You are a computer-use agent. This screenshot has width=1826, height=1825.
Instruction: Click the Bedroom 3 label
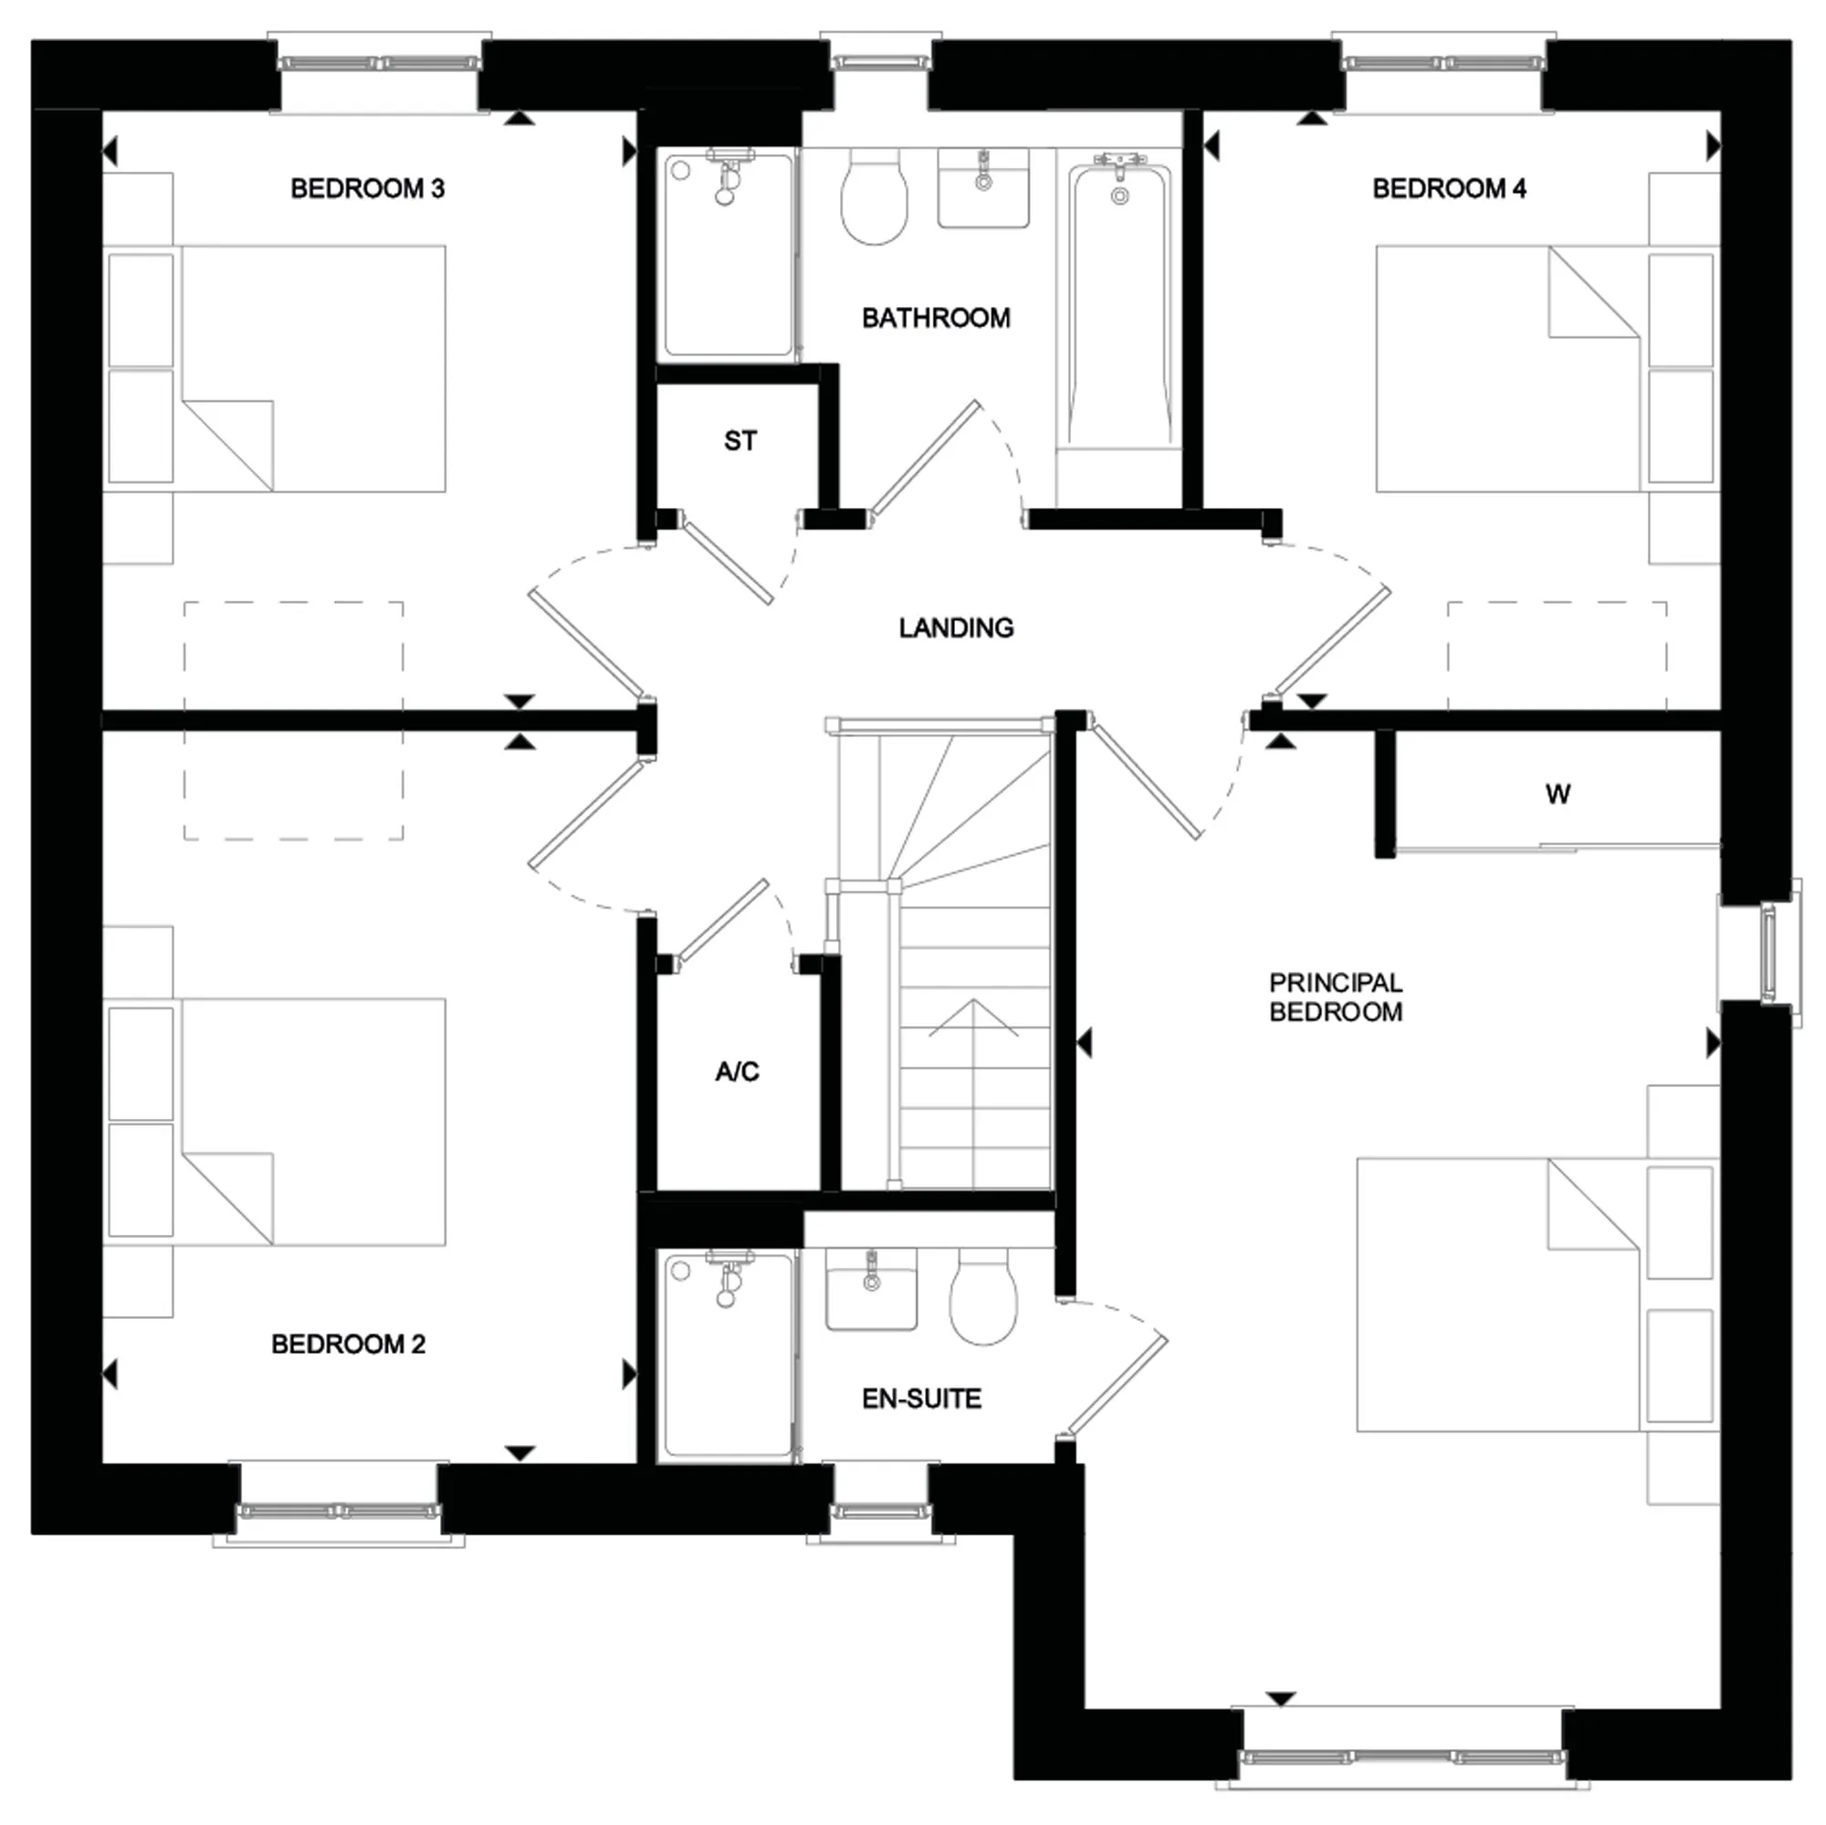coord(367,189)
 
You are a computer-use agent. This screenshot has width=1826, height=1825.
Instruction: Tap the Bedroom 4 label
coord(1449,189)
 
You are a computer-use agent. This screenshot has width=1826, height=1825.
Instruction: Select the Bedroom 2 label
coord(348,1344)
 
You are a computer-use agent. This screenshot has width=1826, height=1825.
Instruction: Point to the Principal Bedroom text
coord(1336,997)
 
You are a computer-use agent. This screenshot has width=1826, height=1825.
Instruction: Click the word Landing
coord(956,628)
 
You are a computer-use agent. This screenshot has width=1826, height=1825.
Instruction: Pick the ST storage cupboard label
coord(740,440)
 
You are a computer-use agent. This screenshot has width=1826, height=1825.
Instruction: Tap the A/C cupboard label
coord(737,1071)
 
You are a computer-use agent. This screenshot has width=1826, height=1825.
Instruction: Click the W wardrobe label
coord(1558,795)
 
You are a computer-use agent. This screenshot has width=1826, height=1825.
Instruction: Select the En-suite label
coord(921,1398)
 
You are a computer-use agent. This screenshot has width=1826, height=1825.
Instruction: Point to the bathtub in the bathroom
coord(1120,302)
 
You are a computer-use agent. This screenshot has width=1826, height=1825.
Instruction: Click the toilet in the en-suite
coord(983,1295)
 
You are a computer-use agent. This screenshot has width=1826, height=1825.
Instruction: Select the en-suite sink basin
coord(871,1289)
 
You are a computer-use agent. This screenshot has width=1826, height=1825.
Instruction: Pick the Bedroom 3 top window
coord(379,64)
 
